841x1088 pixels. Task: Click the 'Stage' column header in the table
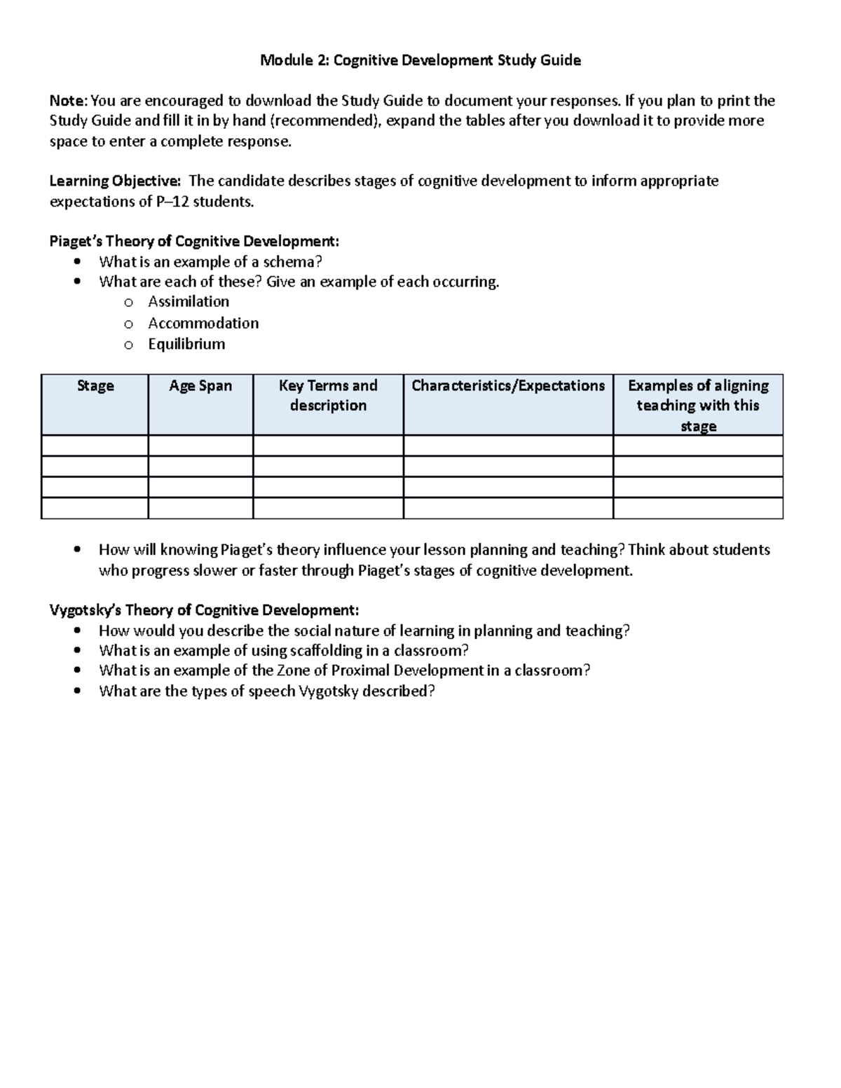[x=95, y=386]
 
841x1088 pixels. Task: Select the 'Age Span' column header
[x=200, y=386]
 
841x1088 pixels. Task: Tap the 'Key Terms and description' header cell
[x=328, y=396]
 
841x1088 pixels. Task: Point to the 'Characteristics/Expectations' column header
[x=508, y=386]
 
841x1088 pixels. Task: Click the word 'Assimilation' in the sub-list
[x=189, y=302]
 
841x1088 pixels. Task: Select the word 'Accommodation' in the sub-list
[x=203, y=323]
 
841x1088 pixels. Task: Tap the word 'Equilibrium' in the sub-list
[x=186, y=344]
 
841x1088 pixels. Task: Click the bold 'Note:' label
[x=69, y=101]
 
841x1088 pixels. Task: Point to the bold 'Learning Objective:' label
[x=115, y=181]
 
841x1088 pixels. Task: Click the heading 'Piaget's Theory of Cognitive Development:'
[x=194, y=242]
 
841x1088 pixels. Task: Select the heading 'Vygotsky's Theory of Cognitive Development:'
[x=204, y=610]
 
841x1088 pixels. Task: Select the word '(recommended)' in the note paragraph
[x=327, y=120]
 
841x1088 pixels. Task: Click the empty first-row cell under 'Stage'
[x=95, y=446]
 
